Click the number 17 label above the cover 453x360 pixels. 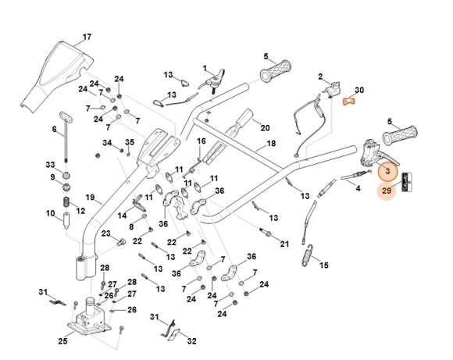point(87,37)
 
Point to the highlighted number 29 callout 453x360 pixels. point(386,190)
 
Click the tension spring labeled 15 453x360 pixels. point(310,254)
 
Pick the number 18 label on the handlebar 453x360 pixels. point(271,144)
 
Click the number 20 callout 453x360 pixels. point(265,128)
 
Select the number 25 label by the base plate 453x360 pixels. point(62,341)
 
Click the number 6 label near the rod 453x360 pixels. point(55,129)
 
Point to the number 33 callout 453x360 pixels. point(50,165)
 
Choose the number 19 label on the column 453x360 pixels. point(90,197)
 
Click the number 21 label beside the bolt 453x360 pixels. point(284,244)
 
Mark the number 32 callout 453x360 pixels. point(192,340)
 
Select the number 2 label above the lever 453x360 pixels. point(320,76)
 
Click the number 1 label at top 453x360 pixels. point(205,68)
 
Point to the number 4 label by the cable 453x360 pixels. point(357,188)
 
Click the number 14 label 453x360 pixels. point(122,215)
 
